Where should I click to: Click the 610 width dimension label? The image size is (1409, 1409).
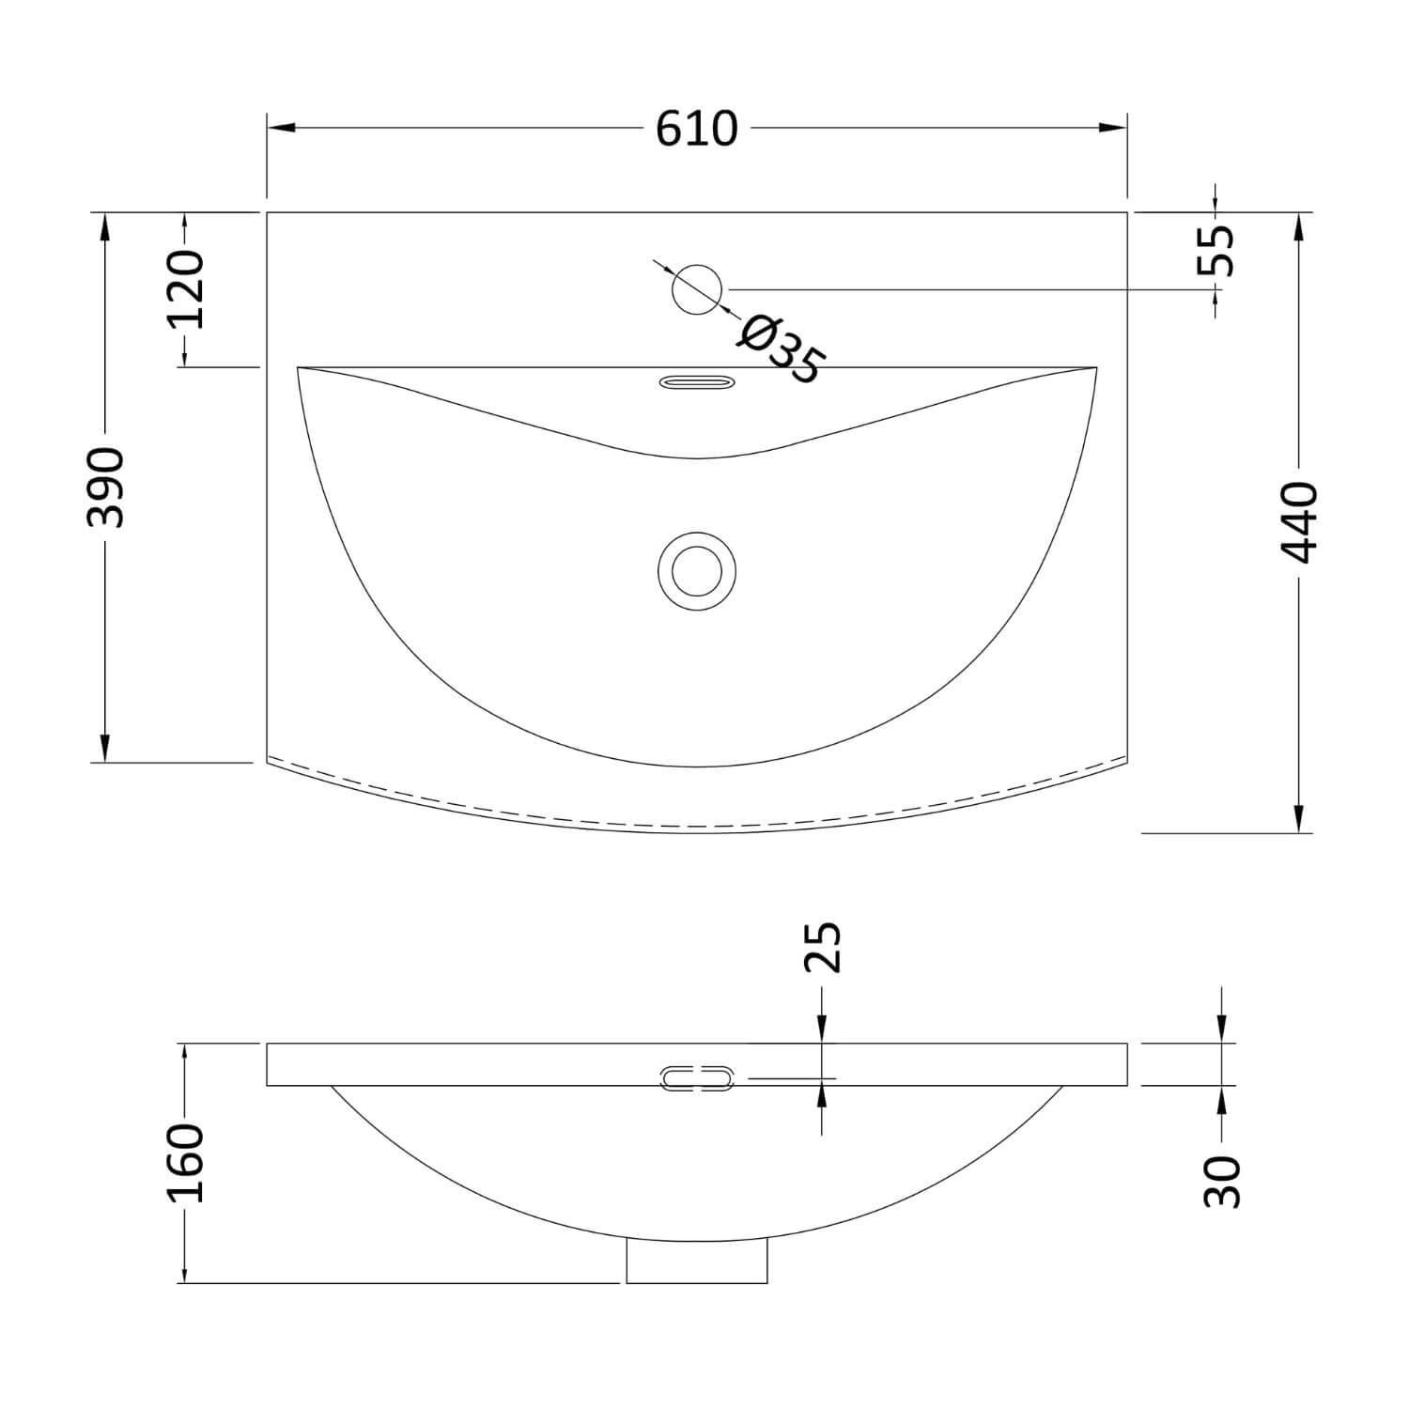[696, 129]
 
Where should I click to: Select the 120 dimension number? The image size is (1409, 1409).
[185, 289]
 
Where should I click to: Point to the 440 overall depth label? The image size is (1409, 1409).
[1300, 522]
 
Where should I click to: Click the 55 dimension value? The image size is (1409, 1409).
[1217, 251]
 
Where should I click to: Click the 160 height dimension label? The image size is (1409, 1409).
[185, 1162]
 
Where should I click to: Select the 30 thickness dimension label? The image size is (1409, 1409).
[1223, 1181]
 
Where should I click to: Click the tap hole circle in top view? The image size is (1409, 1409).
[697, 289]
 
